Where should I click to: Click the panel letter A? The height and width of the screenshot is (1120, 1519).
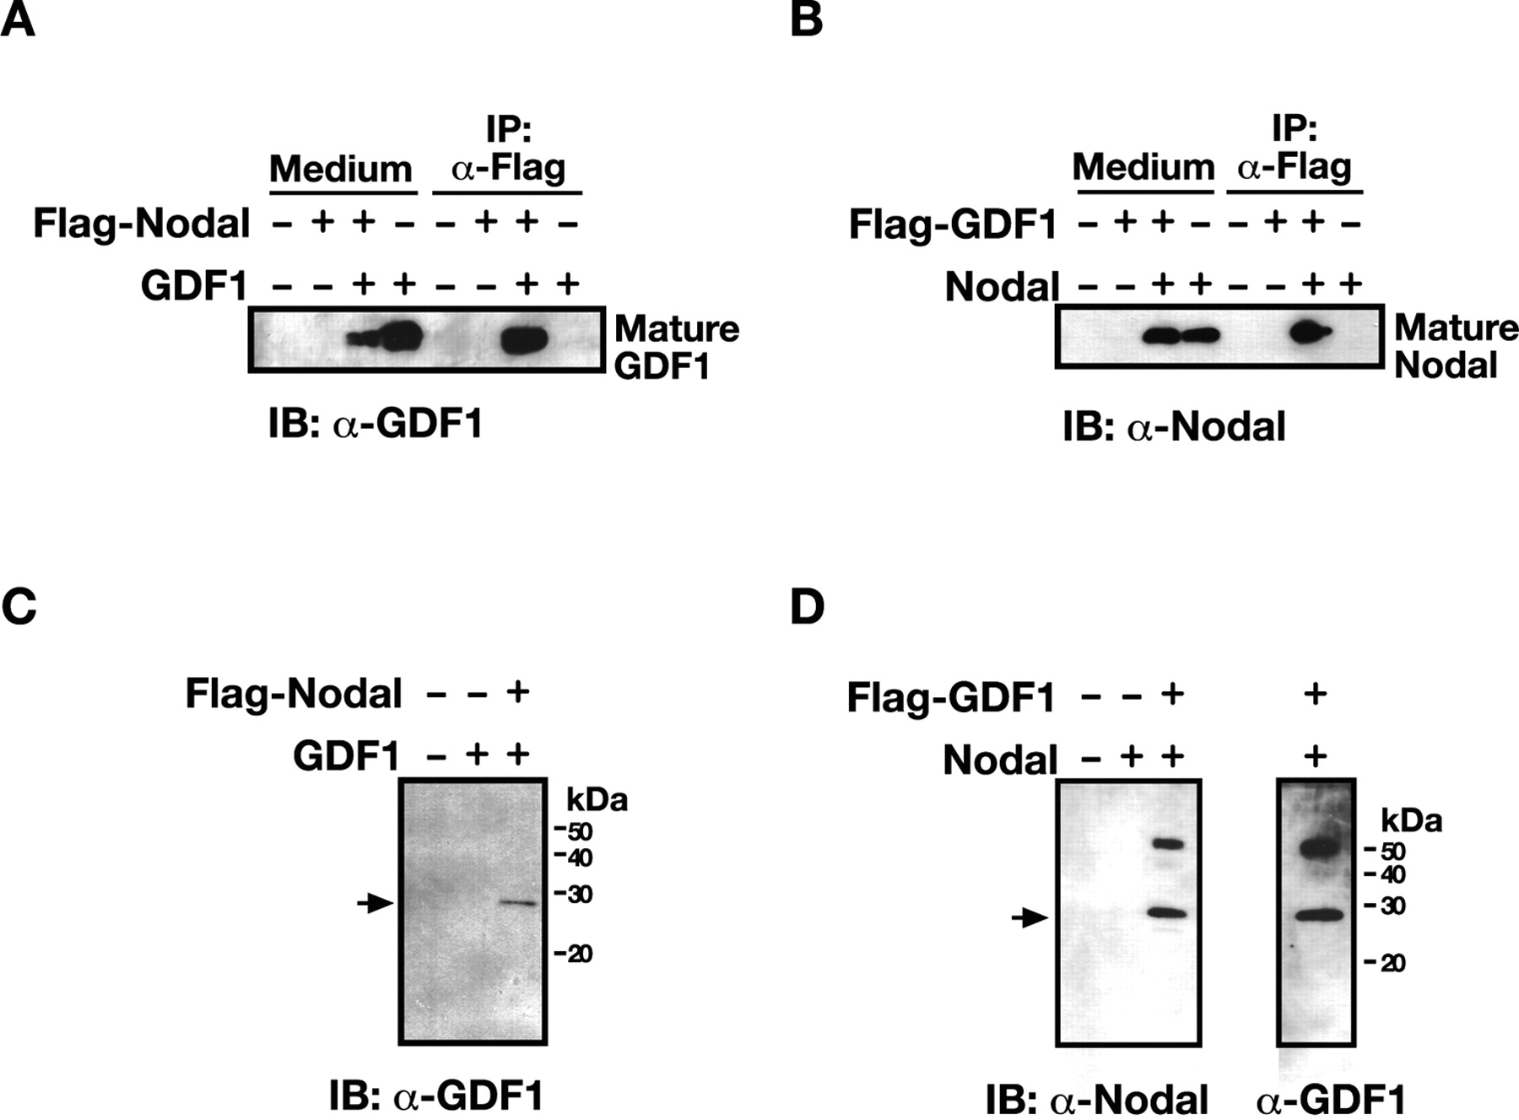pos(18,19)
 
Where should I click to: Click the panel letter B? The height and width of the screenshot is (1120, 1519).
pos(806,19)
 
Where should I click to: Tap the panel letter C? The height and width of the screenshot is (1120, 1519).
pos(19,607)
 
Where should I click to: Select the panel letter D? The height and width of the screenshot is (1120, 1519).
pos(807,607)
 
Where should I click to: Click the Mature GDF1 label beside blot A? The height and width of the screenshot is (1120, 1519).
pos(676,347)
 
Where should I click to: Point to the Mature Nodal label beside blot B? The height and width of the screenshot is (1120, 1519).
pos(1456,346)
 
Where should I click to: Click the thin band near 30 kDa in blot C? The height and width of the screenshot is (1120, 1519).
pos(518,902)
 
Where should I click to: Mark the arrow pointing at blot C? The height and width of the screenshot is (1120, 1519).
pos(375,904)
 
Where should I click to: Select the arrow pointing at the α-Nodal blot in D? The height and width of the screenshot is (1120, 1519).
pos(1030,917)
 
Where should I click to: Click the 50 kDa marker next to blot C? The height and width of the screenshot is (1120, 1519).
pos(574,832)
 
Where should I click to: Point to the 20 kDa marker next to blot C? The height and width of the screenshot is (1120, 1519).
pos(574,954)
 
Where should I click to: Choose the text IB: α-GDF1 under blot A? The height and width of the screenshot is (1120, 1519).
pos(376,423)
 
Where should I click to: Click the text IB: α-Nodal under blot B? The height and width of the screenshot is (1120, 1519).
pos(1173,427)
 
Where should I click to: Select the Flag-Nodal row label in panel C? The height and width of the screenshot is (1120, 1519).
pos(293,695)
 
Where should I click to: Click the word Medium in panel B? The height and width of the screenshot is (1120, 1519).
pos(1143,167)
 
